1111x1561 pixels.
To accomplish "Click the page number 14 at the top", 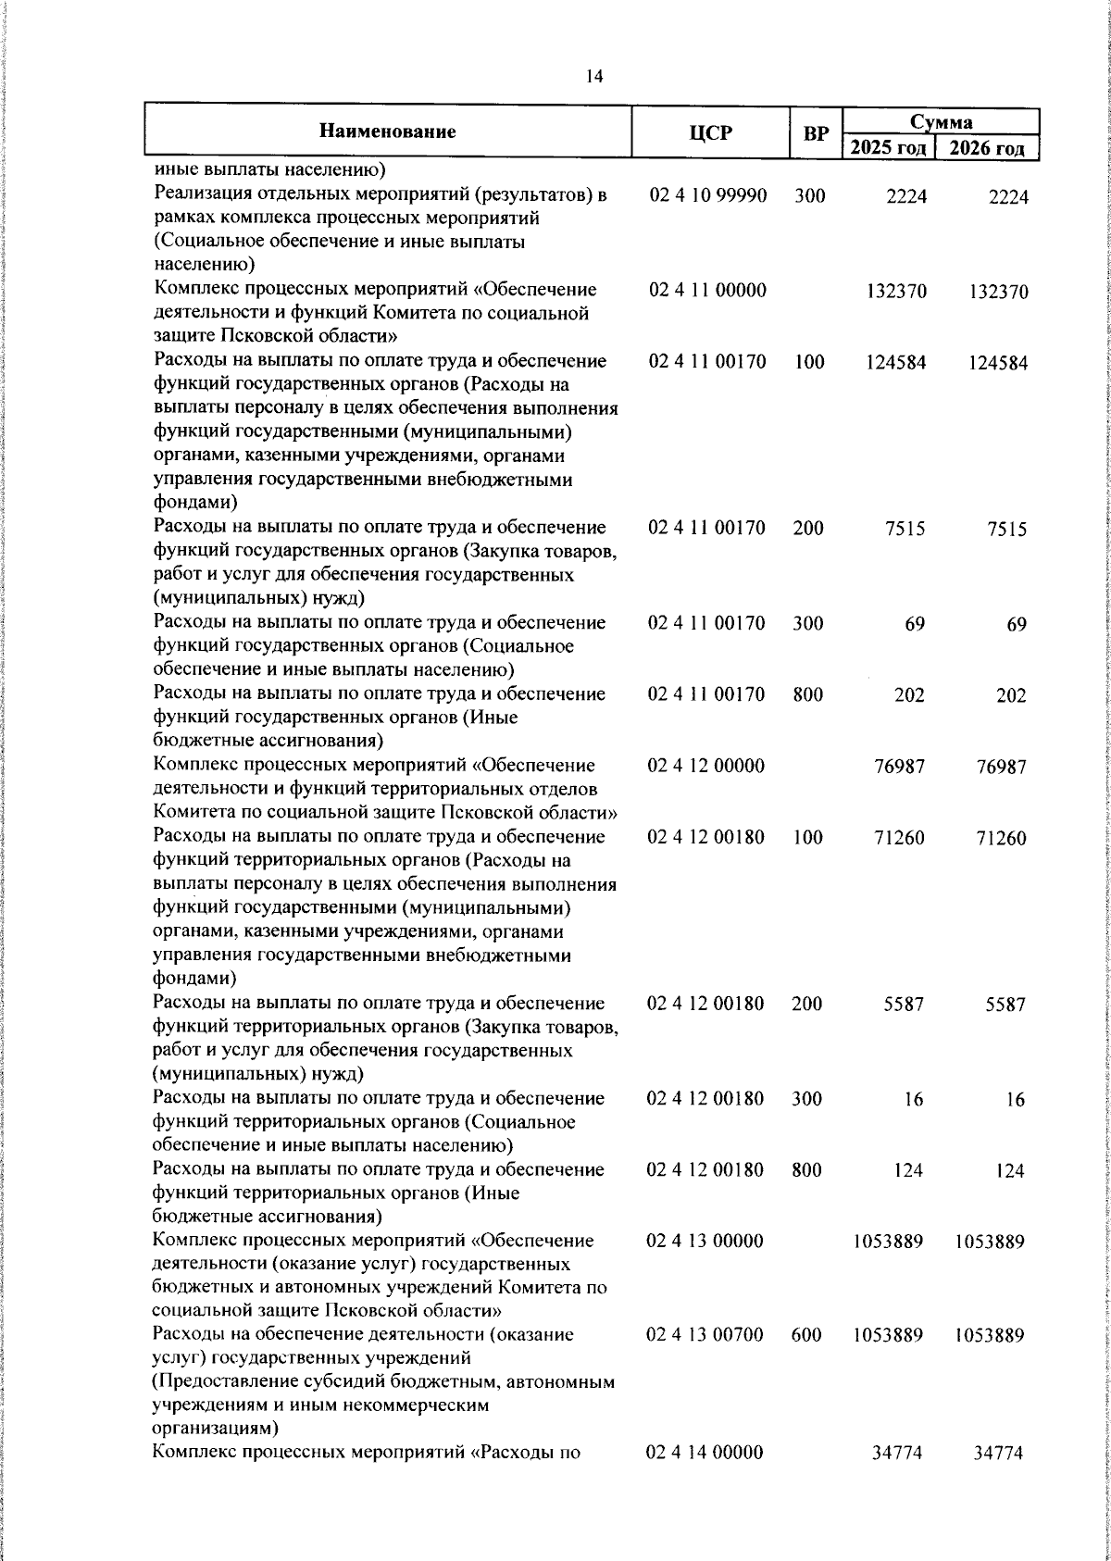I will [594, 78].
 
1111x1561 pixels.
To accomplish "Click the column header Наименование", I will [388, 131].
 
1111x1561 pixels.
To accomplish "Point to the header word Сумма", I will [941, 122].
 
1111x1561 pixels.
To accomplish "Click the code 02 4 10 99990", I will [707, 196].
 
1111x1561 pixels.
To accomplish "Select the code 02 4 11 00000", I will [707, 291].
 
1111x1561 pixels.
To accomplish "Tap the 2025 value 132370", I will [896, 292].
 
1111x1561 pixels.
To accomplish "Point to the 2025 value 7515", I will [905, 529].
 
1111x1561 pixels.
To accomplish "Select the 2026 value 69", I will [1017, 625].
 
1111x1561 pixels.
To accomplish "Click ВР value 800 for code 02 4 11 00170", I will [808, 694].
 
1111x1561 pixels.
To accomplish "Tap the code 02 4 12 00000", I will [706, 766].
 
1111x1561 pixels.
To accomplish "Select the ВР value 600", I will [807, 1335].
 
